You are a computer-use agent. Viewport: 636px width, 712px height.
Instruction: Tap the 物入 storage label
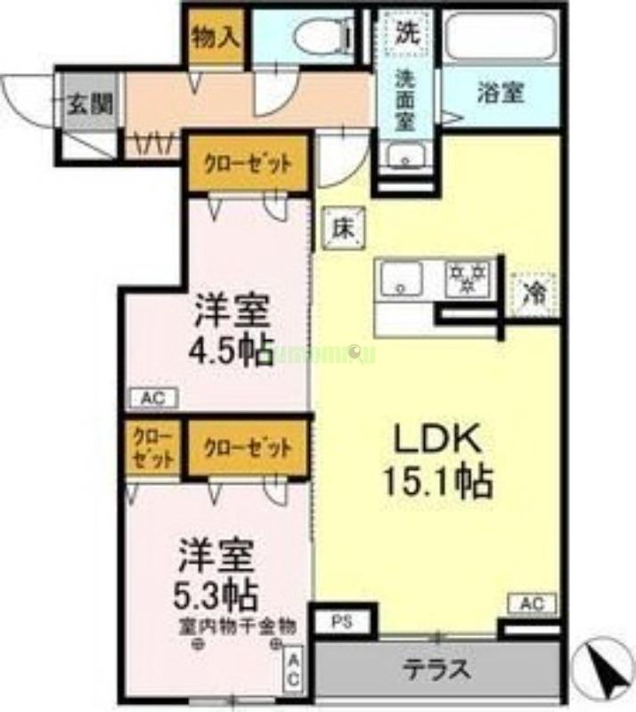tap(216, 37)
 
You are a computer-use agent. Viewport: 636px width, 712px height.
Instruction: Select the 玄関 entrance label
tap(90, 105)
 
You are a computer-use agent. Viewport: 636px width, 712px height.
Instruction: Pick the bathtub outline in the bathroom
tap(499, 36)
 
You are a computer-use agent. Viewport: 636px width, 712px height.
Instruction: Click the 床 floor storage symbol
tap(344, 228)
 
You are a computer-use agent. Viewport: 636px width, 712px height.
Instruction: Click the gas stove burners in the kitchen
tap(469, 279)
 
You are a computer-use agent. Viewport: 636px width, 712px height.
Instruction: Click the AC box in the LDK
tap(533, 603)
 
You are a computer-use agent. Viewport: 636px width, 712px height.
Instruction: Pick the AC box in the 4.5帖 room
tap(154, 398)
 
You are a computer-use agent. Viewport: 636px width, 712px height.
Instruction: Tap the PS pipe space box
tap(343, 619)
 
